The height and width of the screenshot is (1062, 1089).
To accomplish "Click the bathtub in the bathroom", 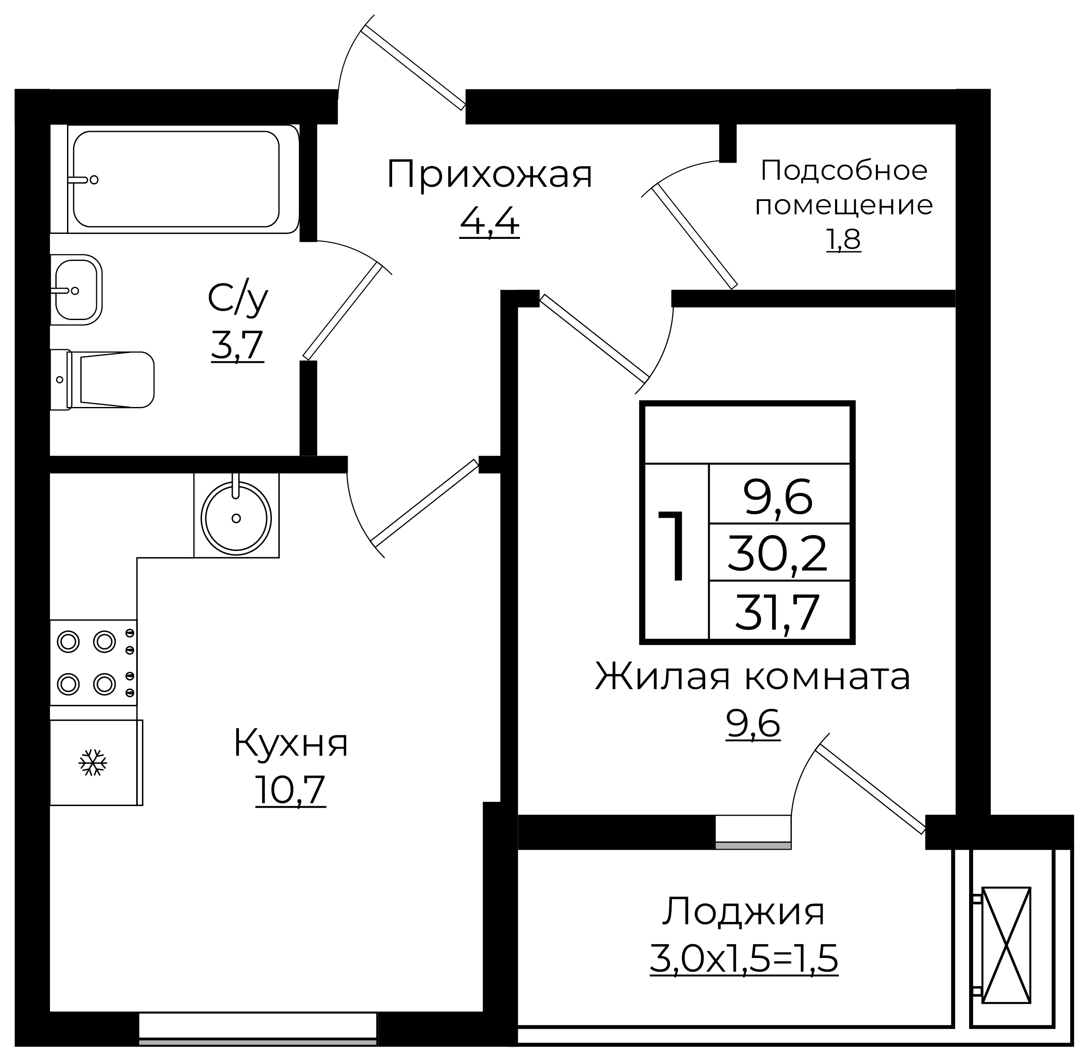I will click(x=176, y=179).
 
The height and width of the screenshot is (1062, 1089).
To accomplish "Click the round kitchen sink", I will click(x=236, y=518).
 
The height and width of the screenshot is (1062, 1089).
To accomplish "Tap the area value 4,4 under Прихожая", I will click(x=489, y=223).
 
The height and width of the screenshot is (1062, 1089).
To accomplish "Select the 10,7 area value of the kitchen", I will click(x=291, y=790).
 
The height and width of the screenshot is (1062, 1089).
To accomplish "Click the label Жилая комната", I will click(x=753, y=677).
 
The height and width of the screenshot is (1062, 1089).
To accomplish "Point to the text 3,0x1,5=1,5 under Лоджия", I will click(x=743, y=959).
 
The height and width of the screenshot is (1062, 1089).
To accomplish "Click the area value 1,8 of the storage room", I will click(x=843, y=240).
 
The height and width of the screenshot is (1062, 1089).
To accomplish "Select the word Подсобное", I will click(x=843, y=170).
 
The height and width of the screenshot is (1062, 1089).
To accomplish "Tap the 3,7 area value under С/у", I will click(x=237, y=346).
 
